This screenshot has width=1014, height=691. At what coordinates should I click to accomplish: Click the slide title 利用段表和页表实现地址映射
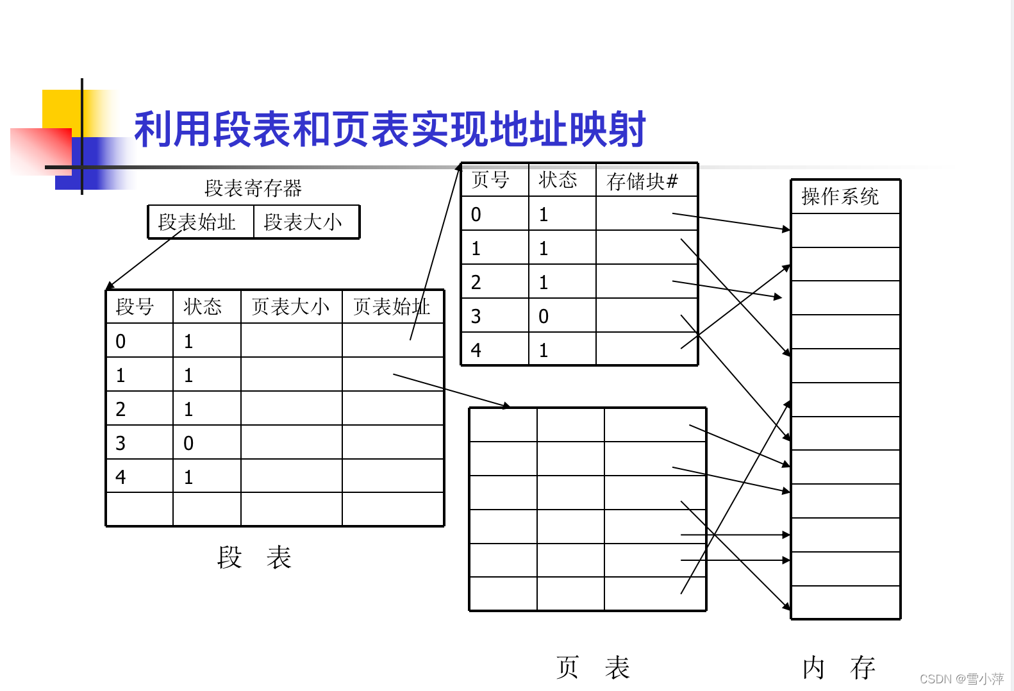390,129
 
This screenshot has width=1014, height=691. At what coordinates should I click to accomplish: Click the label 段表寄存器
253,188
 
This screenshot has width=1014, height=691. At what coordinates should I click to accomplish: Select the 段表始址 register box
197,222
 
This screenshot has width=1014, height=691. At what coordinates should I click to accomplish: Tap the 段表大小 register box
303,222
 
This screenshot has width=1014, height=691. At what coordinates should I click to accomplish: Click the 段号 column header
135,306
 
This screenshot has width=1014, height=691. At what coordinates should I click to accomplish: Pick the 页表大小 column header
290,306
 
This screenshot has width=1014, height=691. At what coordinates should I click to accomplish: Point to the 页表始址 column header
391,306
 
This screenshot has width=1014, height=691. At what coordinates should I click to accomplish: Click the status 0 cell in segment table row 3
188,443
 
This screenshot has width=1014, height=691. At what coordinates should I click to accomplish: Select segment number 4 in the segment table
121,477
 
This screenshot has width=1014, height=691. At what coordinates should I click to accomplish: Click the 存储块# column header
642,181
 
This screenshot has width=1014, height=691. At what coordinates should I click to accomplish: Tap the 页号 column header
490,180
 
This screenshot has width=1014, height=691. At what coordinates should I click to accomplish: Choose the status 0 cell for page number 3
544,316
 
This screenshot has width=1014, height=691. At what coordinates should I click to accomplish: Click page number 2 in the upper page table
476,282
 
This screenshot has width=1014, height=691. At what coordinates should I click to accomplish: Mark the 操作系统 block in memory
840,196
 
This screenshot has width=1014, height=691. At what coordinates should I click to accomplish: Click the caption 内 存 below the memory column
839,667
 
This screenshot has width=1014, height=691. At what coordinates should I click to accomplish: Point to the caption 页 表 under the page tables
593,667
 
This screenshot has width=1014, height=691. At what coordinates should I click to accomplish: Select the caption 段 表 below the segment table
254,557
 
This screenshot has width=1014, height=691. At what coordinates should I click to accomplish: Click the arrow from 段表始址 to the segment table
144,260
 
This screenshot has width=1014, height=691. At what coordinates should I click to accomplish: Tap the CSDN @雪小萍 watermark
961,679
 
